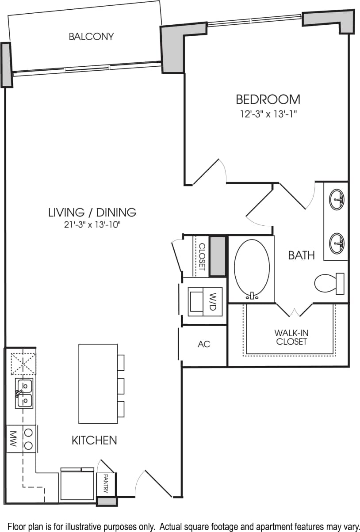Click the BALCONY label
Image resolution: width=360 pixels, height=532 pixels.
point(91,36)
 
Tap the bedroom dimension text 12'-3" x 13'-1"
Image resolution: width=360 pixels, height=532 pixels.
point(268,114)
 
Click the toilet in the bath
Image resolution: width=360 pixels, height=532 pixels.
point(329,283)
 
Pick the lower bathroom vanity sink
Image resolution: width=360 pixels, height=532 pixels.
point(337,242)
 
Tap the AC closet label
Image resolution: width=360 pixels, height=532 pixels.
point(204,344)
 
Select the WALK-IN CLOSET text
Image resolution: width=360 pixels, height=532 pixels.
point(291,337)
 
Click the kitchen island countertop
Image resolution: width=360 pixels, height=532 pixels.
point(98,384)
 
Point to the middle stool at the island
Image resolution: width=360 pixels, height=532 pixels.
point(121,385)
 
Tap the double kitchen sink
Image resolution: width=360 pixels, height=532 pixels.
point(24,393)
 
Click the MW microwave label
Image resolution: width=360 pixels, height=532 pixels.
point(12,439)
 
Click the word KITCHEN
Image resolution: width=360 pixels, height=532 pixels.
point(94,440)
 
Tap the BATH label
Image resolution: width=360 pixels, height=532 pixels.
point(302,255)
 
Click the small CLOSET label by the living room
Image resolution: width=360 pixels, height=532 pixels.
point(202,256)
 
